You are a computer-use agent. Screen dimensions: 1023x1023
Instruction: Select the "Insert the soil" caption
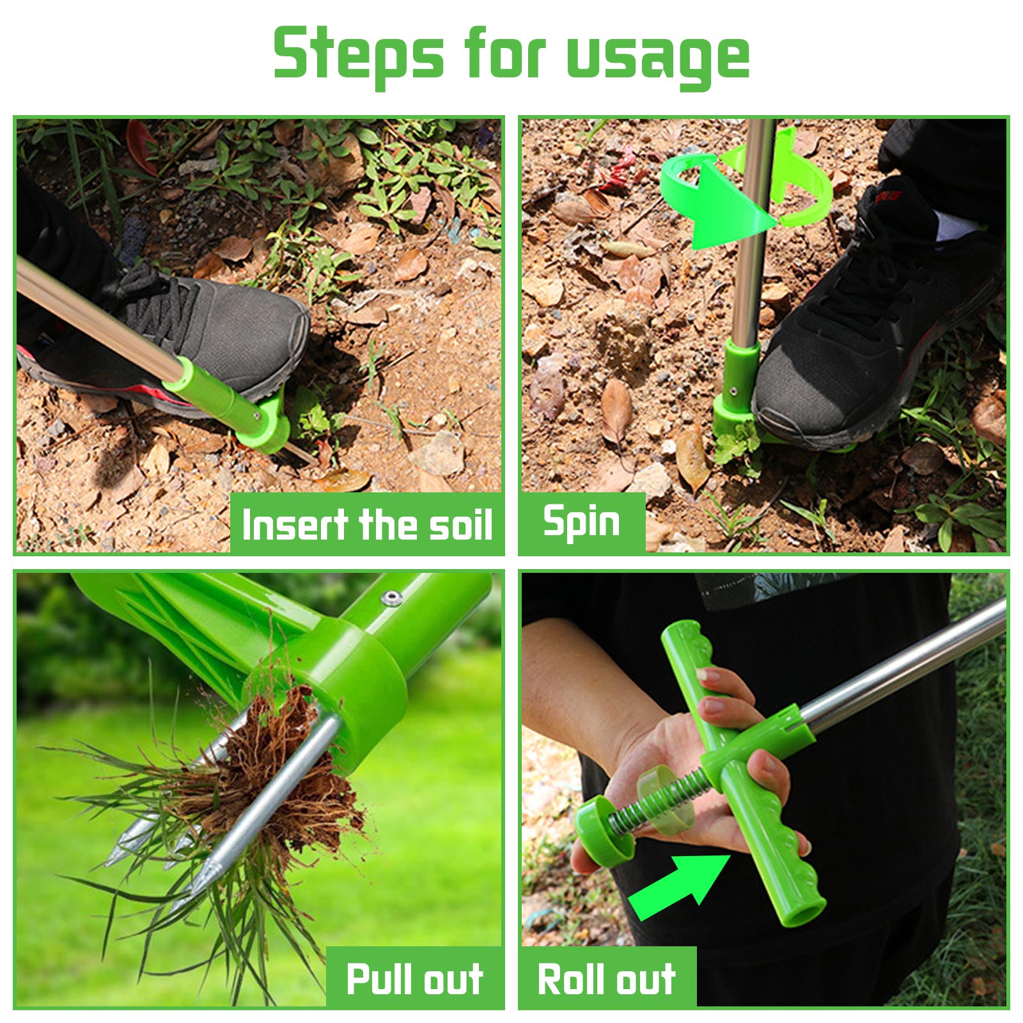[367, 524]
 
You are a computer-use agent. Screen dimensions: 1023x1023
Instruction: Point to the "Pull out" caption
[414, 979]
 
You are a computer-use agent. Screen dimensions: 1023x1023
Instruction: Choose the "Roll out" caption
[607, 979]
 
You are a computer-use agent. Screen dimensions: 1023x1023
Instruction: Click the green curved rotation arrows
[745, 192]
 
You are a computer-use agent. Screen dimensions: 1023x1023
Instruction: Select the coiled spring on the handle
[659, 799]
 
